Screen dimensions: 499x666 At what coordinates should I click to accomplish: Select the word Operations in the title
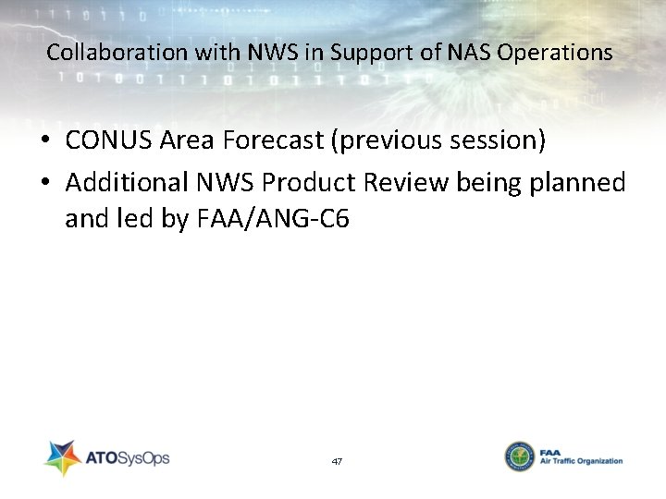coord(554,53)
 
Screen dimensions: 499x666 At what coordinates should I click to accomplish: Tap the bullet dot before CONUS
coord(44,141)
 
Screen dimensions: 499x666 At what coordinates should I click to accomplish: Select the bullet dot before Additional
coord(44,183)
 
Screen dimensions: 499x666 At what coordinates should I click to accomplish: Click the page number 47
coord(336,460)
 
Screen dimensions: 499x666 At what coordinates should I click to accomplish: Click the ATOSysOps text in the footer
coord(127,457)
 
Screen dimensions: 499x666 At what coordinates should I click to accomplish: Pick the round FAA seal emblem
coord(519,456)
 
